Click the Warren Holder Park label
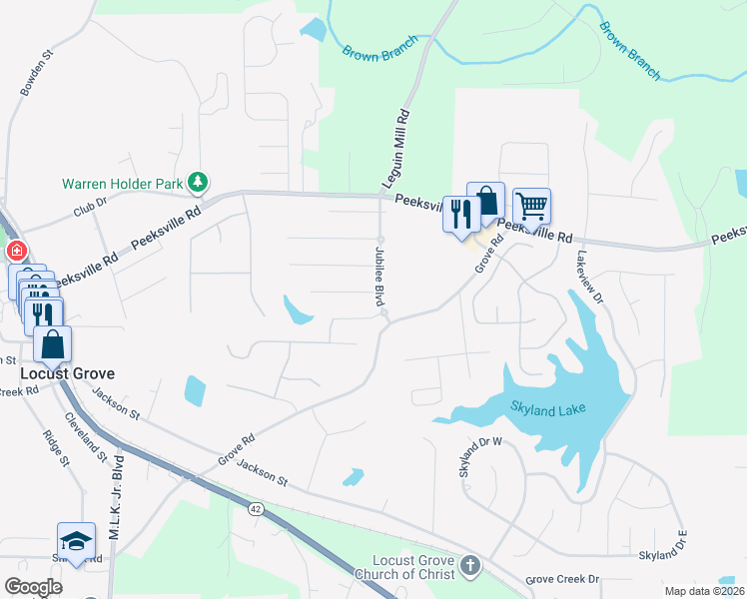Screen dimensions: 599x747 (123, 184)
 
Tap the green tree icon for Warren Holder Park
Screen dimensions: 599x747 (199, 181)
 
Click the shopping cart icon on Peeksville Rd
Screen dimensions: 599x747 (531, 208)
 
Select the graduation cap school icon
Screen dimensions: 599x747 (76, 541)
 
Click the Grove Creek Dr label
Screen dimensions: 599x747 (562, 579)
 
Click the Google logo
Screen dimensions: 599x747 (33, 587)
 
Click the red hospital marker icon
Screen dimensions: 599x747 (15, 251)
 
